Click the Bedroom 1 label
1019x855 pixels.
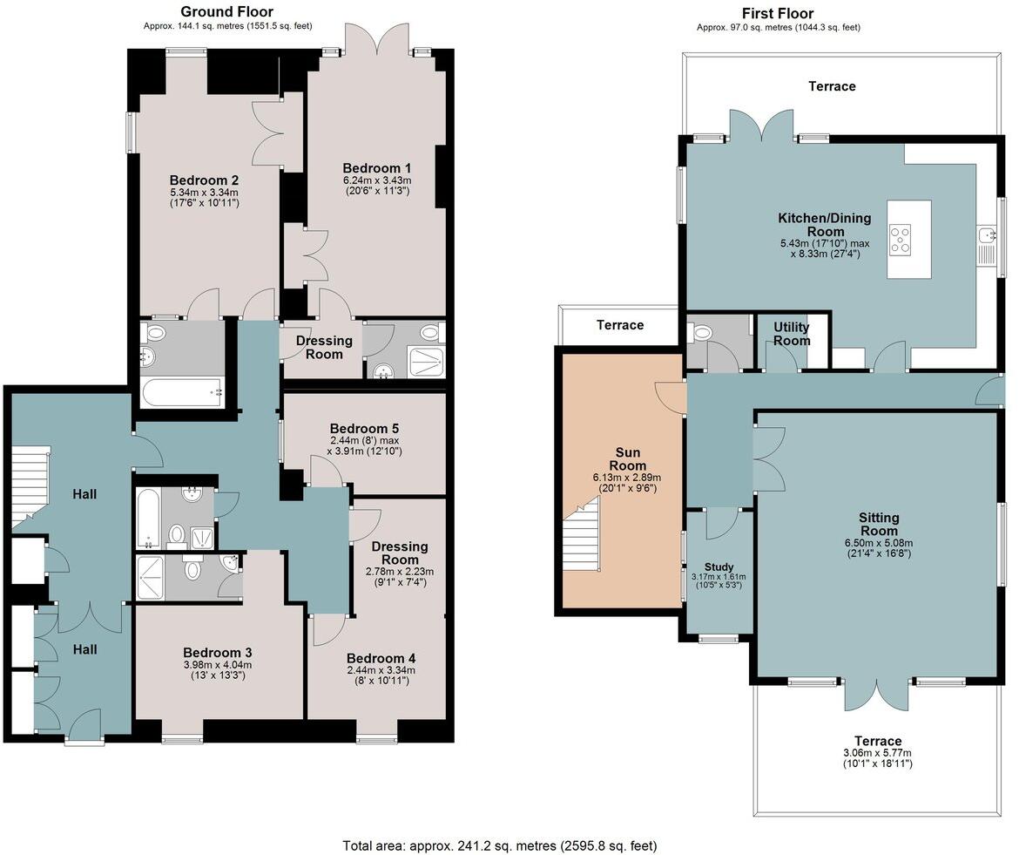coord(377,168)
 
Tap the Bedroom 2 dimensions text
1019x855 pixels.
coord(204,198)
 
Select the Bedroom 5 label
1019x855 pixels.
coord(364,429)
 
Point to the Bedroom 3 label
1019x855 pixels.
coord(217,653)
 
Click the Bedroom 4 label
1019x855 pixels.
coord(381,659)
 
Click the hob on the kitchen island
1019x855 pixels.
coord(900,239)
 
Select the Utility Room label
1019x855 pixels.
coord(792,334)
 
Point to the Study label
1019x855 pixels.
coord(719,567)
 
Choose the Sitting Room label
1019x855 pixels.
coord(879,524)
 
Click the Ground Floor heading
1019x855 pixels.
coord(226,11)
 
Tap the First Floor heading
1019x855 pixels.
coord(778,13)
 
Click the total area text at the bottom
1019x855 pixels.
coord(500,846)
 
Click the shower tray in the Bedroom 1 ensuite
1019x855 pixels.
coord(427,363)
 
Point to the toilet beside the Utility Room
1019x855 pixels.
coord(702,334)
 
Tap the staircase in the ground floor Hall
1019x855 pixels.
coord(30,484)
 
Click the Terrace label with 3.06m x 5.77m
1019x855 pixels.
coord(878,741)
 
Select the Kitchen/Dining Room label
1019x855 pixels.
coord(825,224)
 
